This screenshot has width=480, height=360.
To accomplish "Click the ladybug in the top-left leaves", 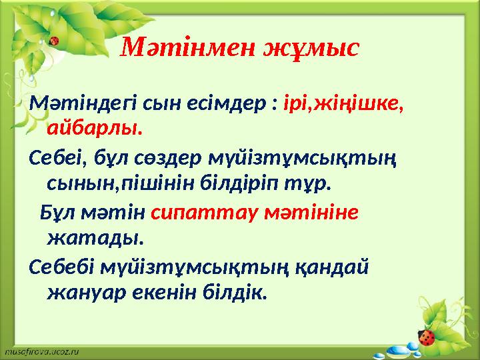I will point(54,41).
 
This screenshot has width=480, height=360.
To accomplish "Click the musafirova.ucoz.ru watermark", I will point(41,350).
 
